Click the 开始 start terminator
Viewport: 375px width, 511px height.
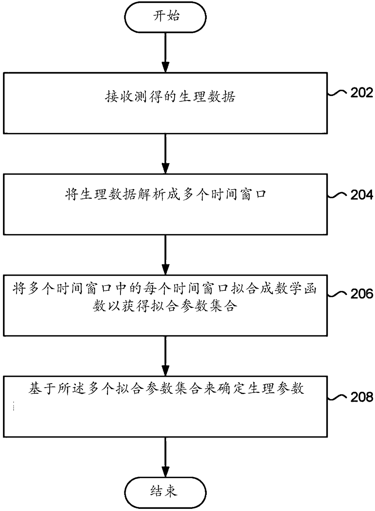pyautogui.click(x=165, y=17)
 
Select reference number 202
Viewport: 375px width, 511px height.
pyautogui.click(x=362, y=93)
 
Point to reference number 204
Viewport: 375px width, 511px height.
pyautogui.click(x=362, y=195)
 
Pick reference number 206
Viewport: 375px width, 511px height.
pyautogui.click(x=362, y=294)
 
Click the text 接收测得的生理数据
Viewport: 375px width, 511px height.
pyautogui.click(x=170, y=97)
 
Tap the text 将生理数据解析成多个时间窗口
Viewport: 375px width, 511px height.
pyautogui.click(x=166, y=194)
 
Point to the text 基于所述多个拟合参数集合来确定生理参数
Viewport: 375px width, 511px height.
pyautogui.click(x=166, y=388)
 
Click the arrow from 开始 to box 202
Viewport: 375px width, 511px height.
pyautogui.click(x=165, y=52)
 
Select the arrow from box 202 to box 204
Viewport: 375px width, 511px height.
pyautogui.click(x=165, y=154)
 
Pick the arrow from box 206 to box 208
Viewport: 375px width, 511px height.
pyautogui.click(x=165, y=356)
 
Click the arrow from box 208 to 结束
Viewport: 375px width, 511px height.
pyautogui.click(x=165, y=457)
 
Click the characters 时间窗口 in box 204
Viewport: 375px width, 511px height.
pyautogui.click(x=239, y=194)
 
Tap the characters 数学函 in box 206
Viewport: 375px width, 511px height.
pyautogui.click(x=296, y=289)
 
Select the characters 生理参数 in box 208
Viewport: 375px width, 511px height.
pyautogui.click(x=276, y=388)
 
